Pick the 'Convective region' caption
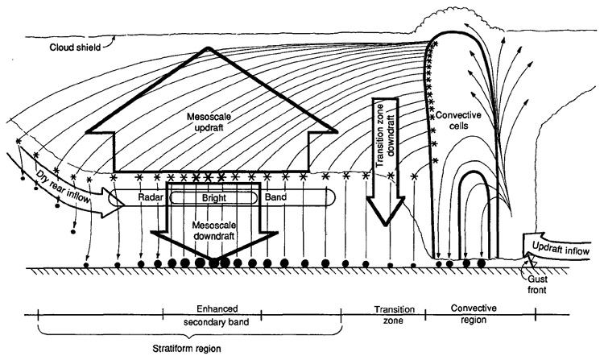tap(473, 315)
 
